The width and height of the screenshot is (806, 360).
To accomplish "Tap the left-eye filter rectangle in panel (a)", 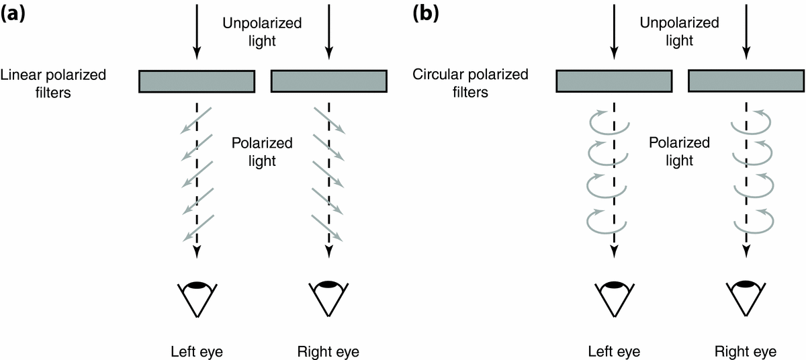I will coord(196,81).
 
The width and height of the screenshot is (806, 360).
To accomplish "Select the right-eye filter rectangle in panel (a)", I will coord(328,81).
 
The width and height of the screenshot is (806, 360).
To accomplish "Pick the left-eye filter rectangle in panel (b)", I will coord(613,81).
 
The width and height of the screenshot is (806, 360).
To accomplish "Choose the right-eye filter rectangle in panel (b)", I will coord(746,81).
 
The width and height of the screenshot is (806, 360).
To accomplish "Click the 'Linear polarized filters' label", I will coord(53,83).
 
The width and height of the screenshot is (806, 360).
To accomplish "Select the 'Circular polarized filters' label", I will coord(470,83).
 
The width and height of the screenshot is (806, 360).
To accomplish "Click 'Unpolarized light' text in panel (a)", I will coord(262,32).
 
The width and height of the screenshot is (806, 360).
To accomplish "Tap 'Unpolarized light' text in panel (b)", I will coord(678,32).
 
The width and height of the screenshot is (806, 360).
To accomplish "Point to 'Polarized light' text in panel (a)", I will coord(262,152).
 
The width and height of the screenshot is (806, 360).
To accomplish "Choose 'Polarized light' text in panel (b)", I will coord(679,152).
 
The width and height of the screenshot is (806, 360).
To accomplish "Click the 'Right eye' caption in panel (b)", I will coord(746,351).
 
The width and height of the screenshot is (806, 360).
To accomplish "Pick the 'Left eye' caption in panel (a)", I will coord(196,351).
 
